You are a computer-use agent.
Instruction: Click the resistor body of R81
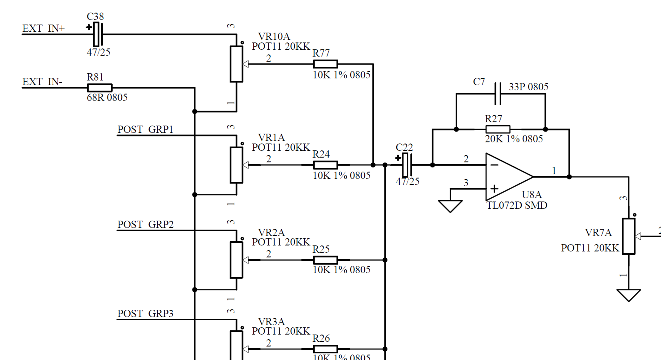(100, 88)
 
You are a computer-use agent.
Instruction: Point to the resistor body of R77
(325, 64)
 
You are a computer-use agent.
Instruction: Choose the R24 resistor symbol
(325, 165)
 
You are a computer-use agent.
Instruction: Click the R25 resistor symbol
(325, 260)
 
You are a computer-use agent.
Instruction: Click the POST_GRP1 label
(145, 129)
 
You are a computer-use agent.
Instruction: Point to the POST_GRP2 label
(145, 224)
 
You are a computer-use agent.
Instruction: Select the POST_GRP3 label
(145, 313)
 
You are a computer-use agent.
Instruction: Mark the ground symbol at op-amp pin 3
(450, 206)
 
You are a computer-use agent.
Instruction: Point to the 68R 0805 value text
(107, 97)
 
